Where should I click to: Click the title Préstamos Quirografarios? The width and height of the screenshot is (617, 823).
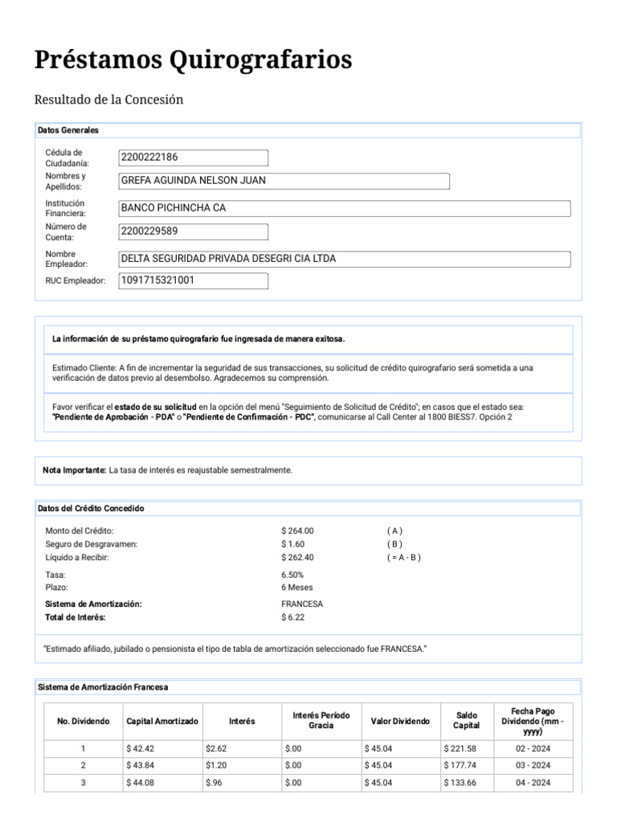pyautogui.click(x=193, y=59)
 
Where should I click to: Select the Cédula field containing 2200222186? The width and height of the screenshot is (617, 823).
pyautogui.click(x=193, y=158)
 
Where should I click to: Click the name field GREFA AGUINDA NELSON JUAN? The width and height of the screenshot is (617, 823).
pyautogui.click(x=284, y=181)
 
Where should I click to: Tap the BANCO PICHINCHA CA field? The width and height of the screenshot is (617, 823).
pyautogui.click(x=345, y=208)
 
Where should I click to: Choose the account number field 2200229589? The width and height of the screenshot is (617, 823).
pyautogui.click(x=193, y=232)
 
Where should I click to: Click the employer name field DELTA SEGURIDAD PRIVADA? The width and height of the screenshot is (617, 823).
pyautogui.click(x=345, y=259)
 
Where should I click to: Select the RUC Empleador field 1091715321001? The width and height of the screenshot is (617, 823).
pyautogui.click(x=193, y=280)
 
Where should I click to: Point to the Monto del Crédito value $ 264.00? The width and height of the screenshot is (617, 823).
pyautogui.click(x=298, y=531)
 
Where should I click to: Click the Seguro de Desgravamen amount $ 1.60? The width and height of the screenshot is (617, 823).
pyautogui.click(x=293, y=544)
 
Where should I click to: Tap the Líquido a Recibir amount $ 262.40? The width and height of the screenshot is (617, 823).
pyautogui.click(x=298, y=557)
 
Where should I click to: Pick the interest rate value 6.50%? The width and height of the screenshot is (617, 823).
pyautogui.click(x=292, y=575)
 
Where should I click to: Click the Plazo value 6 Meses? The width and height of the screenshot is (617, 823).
pyautogui.click(x=296, y=588)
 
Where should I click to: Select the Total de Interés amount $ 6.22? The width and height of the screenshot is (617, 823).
pyautogui.click(x=293, y=617)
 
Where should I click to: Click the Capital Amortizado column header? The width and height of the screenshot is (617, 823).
pyautogui.click(x=162, y=721)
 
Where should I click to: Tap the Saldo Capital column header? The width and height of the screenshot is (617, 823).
pyautogui.click(x=466, y=720)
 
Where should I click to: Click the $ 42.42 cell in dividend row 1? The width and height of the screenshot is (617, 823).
pyautogui.click(x=140, y=749)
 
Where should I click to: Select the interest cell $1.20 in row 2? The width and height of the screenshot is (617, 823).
pyautogui.click(x=215, y=766)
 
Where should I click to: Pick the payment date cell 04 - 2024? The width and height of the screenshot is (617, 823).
pyautogui.click(x=533, y=783)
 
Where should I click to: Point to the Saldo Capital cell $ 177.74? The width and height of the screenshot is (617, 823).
pyautogui.click(x=460, y=766)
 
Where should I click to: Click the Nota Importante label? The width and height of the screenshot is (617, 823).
pyautogui.click(x=75, y=469)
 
